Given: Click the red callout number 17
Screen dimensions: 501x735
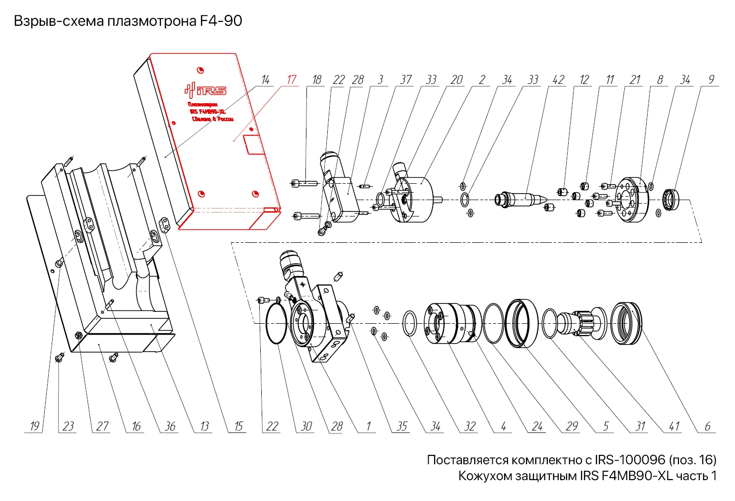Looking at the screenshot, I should click(292, 79).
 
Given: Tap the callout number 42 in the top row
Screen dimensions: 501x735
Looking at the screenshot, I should click(558, 79).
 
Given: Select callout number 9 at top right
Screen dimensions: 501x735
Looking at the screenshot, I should click(711, 79).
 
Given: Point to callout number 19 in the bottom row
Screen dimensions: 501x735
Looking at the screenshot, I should click(34, 426).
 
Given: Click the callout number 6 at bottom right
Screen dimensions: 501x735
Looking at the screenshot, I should click(707, 426).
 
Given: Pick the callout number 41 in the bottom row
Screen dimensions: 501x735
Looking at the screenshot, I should click(674, 426).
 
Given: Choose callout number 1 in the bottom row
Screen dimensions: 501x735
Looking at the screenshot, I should click(368, 426).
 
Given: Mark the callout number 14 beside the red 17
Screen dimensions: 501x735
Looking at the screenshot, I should click(266, 79).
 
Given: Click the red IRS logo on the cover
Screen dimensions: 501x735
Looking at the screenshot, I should click(205, 90).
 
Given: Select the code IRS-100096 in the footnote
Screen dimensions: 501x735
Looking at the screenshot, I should click(630, 460).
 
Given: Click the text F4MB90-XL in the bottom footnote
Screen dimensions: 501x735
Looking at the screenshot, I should click(637, 476).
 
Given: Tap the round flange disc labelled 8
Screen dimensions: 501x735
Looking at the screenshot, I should click(632, 200).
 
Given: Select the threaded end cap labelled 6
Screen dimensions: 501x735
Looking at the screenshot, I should click(626, 323).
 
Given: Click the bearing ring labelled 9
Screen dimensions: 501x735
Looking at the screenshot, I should click(673, 199).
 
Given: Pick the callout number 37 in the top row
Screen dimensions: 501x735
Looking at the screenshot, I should click(406, 79).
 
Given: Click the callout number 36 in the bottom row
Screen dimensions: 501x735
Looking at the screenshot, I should click(170, 426).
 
